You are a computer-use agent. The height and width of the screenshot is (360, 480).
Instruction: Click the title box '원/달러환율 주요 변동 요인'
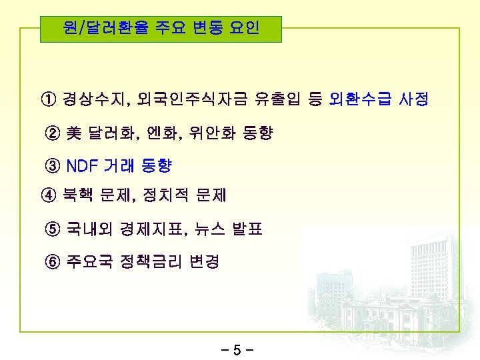click(x=160, y=29)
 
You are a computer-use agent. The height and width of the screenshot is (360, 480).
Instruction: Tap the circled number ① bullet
click(x=49, y=101)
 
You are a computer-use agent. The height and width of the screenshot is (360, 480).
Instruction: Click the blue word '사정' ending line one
click(x=415, y=101)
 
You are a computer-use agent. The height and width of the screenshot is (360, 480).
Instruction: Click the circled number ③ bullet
click(x=53, y=165)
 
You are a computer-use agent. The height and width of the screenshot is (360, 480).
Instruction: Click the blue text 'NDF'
click(x=83, y=165)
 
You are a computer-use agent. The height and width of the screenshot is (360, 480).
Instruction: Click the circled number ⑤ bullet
click(x=53, y=229)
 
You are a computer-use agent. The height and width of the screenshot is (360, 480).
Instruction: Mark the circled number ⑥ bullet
click(x=53, y=261)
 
